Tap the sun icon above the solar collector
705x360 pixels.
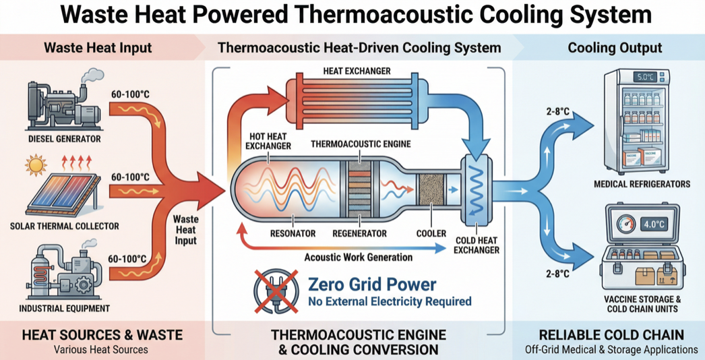pyautogui.click(x=36, y=164)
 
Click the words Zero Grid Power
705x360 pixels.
pyautogui.click(x=371, y=284)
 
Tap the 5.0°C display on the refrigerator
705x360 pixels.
pyautogui.click(x=646, y=77)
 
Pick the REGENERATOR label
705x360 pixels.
pyautogui.click(x=360, y=233)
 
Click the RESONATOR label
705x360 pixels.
pyautogui.click(x=293, y=233)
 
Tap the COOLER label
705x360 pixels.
pyautogui.click(x=431, y=233)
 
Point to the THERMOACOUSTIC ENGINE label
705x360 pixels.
pyautogui.click(x=360, y=144)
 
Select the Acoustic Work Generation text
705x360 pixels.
pyautogui.click(x=358, y=257)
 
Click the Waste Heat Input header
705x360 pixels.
pyautogui.click(x=98, y=48)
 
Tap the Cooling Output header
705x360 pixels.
pyautogui.click(x=615, y=48)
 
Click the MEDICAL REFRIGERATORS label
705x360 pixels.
pyautogui.click(x=642, y=184)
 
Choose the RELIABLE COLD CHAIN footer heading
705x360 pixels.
pyautogui.click(x=611, y=335)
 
